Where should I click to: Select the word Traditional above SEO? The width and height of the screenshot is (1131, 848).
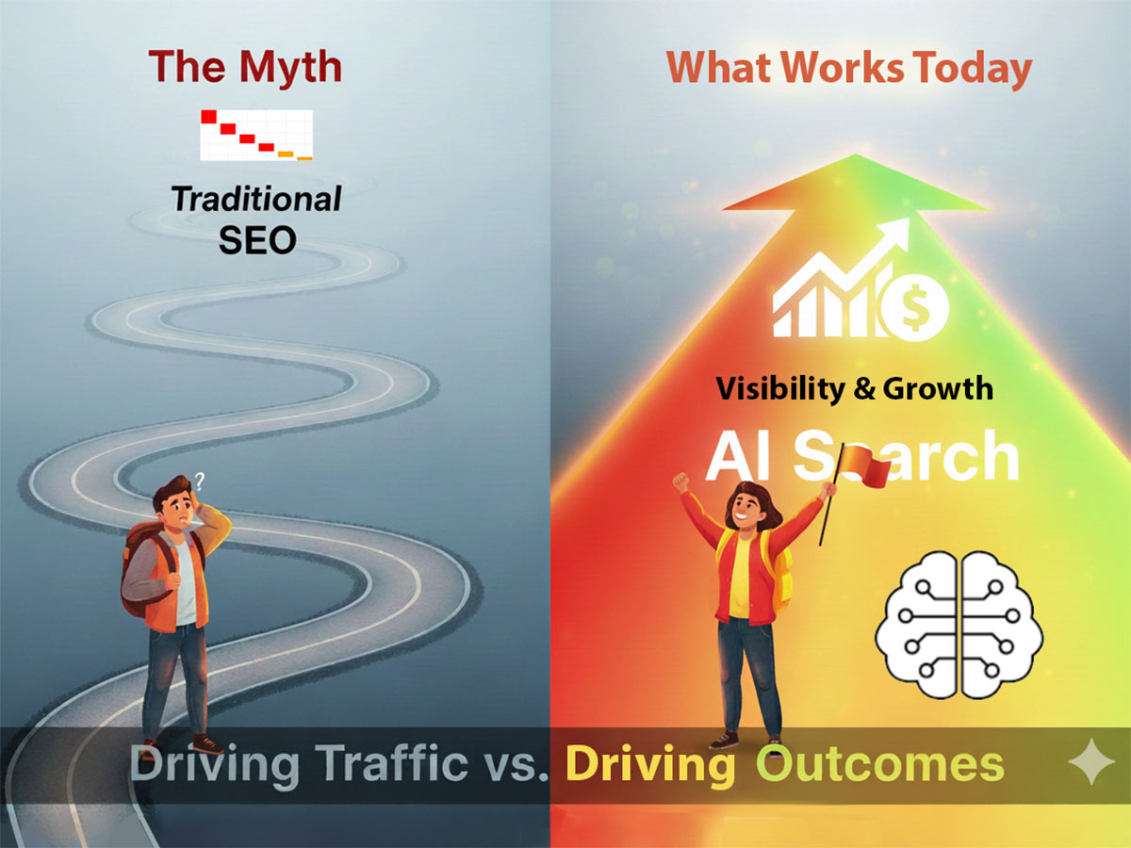pyautogui.click(x=256, y=199)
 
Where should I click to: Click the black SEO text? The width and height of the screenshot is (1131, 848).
pyautogui.click(x=257, y=240)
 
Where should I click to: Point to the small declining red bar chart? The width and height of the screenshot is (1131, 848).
pyautogui.click(x=255, y=135)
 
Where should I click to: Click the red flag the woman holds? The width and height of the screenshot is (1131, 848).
pyautogui.click(x=861, y=467)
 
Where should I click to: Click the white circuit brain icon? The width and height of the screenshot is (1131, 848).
pyautogui.click(x=958, y=623)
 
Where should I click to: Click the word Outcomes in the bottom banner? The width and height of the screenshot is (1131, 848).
pyautogui.click(x=881, y=765)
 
